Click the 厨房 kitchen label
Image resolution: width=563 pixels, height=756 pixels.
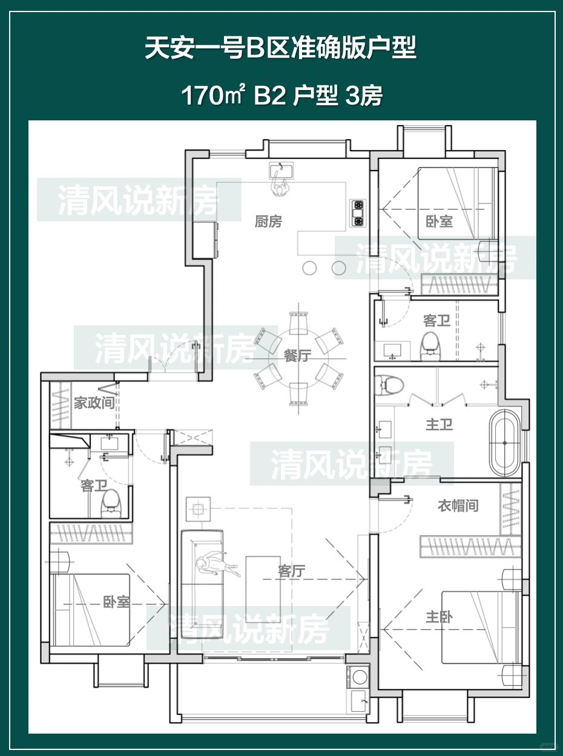269,221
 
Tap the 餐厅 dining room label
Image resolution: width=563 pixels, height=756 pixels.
298,356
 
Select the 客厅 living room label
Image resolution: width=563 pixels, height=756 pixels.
292,572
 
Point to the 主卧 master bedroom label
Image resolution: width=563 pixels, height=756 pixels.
439,617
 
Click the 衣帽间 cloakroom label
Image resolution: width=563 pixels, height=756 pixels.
458,506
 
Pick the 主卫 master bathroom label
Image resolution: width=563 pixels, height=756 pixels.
439,425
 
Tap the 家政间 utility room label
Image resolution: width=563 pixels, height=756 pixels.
94,403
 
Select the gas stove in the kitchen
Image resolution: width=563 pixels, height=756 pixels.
358,213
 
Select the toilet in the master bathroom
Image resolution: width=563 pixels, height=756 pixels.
389,385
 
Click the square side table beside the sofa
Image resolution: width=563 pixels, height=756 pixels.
198,509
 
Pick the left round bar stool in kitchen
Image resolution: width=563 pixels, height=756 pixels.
309,267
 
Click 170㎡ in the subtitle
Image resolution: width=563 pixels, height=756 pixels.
213,96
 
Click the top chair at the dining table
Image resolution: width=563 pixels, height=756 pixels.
298,323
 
